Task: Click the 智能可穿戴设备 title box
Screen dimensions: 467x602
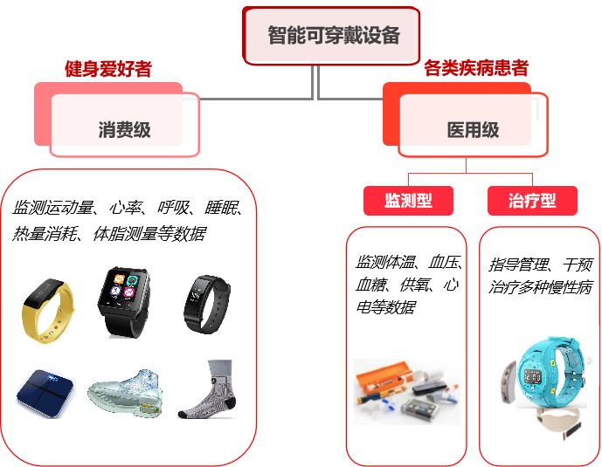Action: click(x=332, y=36)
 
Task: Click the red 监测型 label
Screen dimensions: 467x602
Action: click(x=409, y=201)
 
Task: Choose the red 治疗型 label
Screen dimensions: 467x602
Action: click(x=532, y=201)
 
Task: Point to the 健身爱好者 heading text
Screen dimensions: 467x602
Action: click(x=108, y=70)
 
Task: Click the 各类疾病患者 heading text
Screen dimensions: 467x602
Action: click(x=476, y=69)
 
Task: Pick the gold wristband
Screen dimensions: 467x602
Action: click(x=47, y=310)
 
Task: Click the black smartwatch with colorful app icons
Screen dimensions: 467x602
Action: click(x=124, y=301)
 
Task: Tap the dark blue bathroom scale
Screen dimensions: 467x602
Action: click(x=45, y=393)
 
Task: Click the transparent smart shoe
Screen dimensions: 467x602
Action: click(x=125, y=393)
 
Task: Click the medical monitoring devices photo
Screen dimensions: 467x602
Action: click(x=404, y=392)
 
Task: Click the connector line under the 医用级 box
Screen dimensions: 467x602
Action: click(x=466, y=170)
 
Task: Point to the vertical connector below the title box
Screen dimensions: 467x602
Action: click(x=315, y=81)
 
